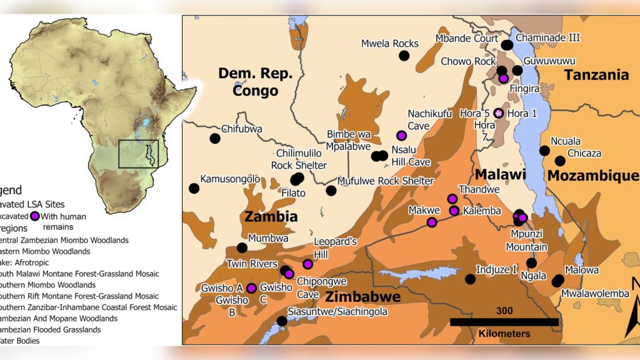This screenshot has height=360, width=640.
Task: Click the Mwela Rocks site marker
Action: pyautogui.click(x=404, y=56)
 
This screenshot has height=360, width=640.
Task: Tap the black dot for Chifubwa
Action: pyautogui.click(x=215, y=138)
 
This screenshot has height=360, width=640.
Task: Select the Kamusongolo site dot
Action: pyautogui.click(x=194, y=188)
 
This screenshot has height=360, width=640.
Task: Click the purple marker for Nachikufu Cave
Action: pyautogui.click(x=401, y=136)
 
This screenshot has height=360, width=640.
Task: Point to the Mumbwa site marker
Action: pyautogui.click(x=242, y=247)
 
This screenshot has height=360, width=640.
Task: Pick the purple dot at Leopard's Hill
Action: pyautogui.click(x=307, y=264)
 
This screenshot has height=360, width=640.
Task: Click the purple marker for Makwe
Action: pyautogui.click(x=432, y=222)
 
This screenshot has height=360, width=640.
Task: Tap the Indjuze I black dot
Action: pyautogui.click(x=470, y=279)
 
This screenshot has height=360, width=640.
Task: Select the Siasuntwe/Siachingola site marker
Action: pyautogui.click(x=282, y=321)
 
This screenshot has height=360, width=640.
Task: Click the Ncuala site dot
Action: pyautogui.click(x=544, y=151)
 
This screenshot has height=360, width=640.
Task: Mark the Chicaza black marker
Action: pyautogui.click(x=560, y=161)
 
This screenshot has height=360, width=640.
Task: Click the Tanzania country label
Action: pyautogui.click(x=596, y=75)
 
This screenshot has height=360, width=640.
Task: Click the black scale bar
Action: pyautogui.click(x=504, y=322)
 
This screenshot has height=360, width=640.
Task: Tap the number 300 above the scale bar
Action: pyautogui.click(x=504, y=311)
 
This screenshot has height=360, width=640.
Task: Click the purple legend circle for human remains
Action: pyautogui.click(x=36, y=216)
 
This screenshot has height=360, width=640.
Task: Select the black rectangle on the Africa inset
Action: pyautogui.click(x=138, y=154)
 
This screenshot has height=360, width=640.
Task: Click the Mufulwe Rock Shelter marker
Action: pyautogui.click(x=331, y=190)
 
